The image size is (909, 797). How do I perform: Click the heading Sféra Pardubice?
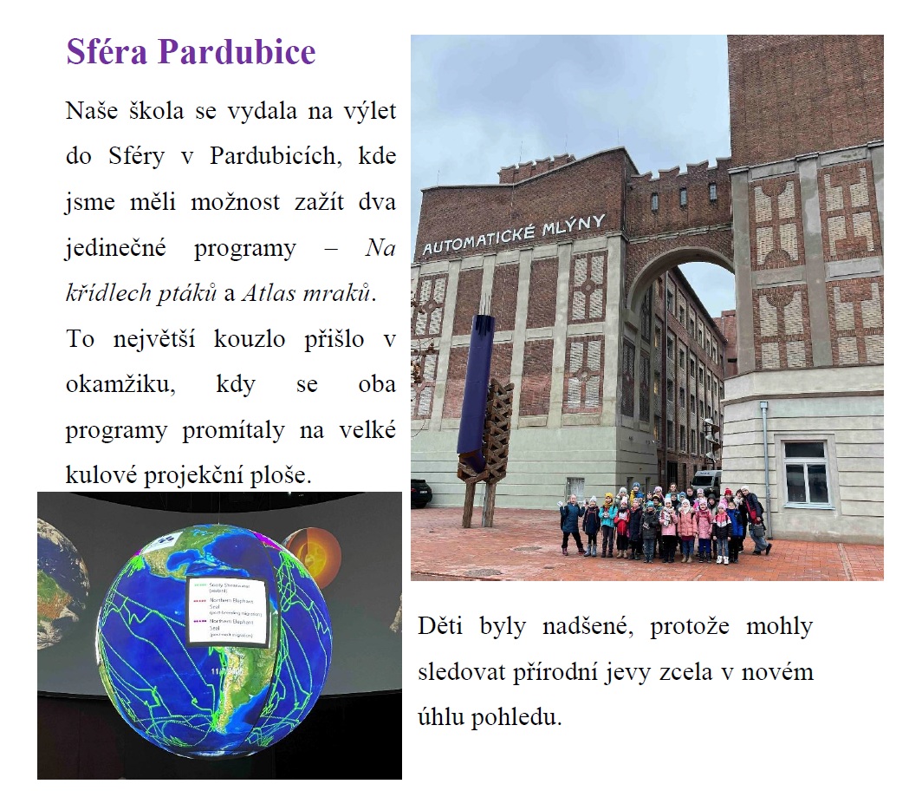pos(191,53)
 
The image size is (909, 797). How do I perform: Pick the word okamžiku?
pos(120,384)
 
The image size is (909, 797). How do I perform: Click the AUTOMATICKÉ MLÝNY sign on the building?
pos(513,233)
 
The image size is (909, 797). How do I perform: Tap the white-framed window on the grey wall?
pos(805,473)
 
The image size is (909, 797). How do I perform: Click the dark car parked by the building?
pos(420,493)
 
